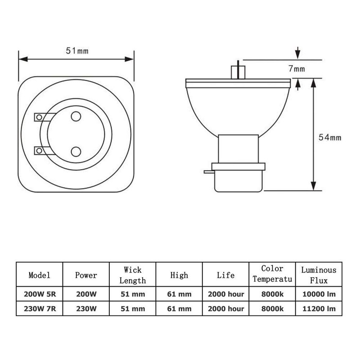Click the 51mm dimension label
pyautogui.click(x=77, y=51)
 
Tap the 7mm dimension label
pyautogui.click(x=297, y=69)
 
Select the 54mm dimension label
pyautogui.click(x=330, y=137)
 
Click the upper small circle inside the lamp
pyautogui.click(x=76, y=117)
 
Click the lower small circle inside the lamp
pyautogui.click(x=76, y=152)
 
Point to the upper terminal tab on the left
pyautogui.click(x=44, y=117)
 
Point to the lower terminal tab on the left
pyautogui.click(x=43, y=151)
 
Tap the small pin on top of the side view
pyautogui.click(x=238, y=70)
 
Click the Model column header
pyautogui.click(x=39, y=275)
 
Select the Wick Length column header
pyautogui.click(x=133, y=275)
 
